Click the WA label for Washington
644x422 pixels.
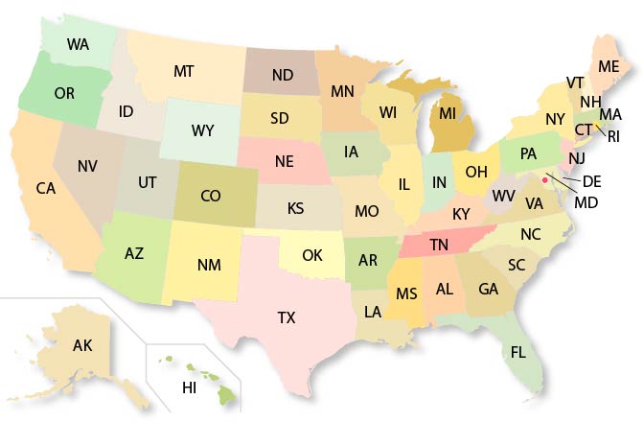pyautogui.click(x=80, y=44)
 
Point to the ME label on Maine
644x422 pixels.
pyautogui.click(x=608, y=66)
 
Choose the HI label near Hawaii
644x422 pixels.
pyautogui.click(x=189, y=387)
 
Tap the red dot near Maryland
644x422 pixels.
pyautogui.click(x=544, y=178)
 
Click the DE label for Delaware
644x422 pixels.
pyautogui.click(x=592, y=181)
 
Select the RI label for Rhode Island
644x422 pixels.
pyautogui.click(x=613, y=136)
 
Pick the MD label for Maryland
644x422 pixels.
pyautogui.click(x=586, y=202)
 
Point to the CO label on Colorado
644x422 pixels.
pyautogui.click(x=211, y=196)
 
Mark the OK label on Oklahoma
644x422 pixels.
pyautogui.click(x=312, y=255)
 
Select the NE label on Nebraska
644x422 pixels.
pyautogui.click(x=284, y=161)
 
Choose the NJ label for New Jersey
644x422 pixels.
pyautogui.click(x=577, y=158)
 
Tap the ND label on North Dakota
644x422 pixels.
pyautogui.click(x=282, y=74)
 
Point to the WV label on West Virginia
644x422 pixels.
pyautogui.click(x=504, y=196)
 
